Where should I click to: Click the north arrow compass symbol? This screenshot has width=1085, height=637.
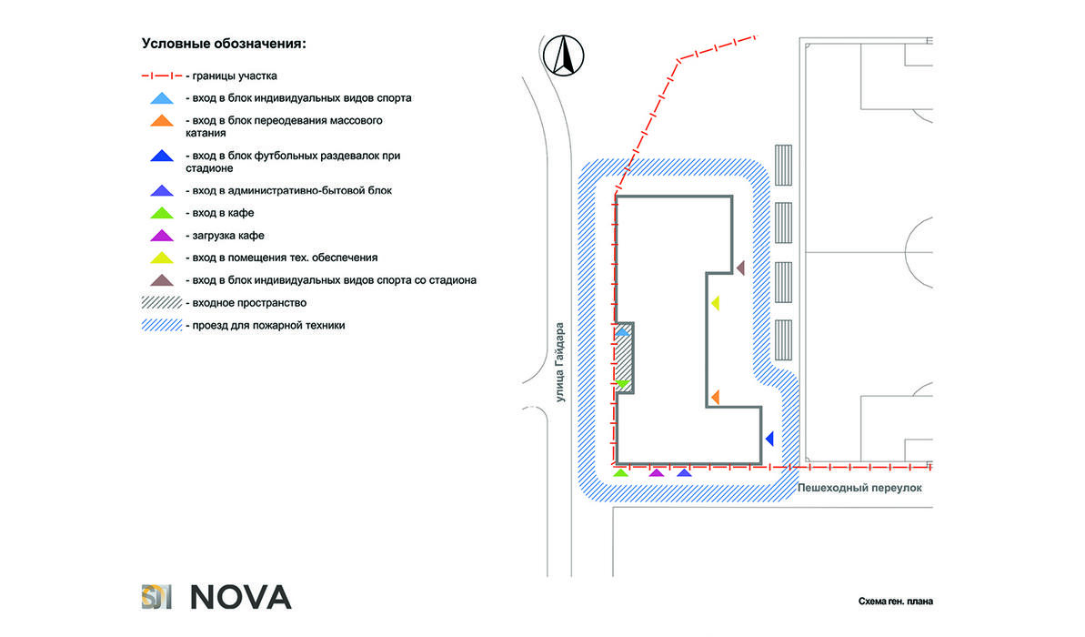point(563,56)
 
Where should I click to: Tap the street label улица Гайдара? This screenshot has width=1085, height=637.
point(560,362)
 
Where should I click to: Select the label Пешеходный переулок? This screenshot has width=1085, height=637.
point(859,488)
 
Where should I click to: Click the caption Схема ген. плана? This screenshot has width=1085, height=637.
point(896,601)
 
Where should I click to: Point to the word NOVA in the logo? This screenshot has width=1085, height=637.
point(241,598)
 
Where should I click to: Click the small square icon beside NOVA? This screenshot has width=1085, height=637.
point(156,597)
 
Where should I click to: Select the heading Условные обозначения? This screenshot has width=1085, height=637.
point(224,44)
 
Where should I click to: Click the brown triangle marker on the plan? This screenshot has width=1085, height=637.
point(740,268)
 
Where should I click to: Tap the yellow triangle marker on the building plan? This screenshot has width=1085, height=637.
point(716,302)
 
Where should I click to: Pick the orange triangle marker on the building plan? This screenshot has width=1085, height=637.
point(716,397)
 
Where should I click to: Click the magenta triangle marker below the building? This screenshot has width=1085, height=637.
point(656,473)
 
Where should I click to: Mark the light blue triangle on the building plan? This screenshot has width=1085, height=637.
point(623,332)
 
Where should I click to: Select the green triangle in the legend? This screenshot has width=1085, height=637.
point(162,213)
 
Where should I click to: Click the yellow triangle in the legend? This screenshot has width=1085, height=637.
point(162,258)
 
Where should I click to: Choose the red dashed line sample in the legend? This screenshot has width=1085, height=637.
point(162,76)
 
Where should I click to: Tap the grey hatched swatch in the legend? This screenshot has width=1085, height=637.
point(162,302)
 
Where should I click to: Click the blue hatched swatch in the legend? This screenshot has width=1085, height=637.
point(162,326)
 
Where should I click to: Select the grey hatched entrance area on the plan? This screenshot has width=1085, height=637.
point(624,358)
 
